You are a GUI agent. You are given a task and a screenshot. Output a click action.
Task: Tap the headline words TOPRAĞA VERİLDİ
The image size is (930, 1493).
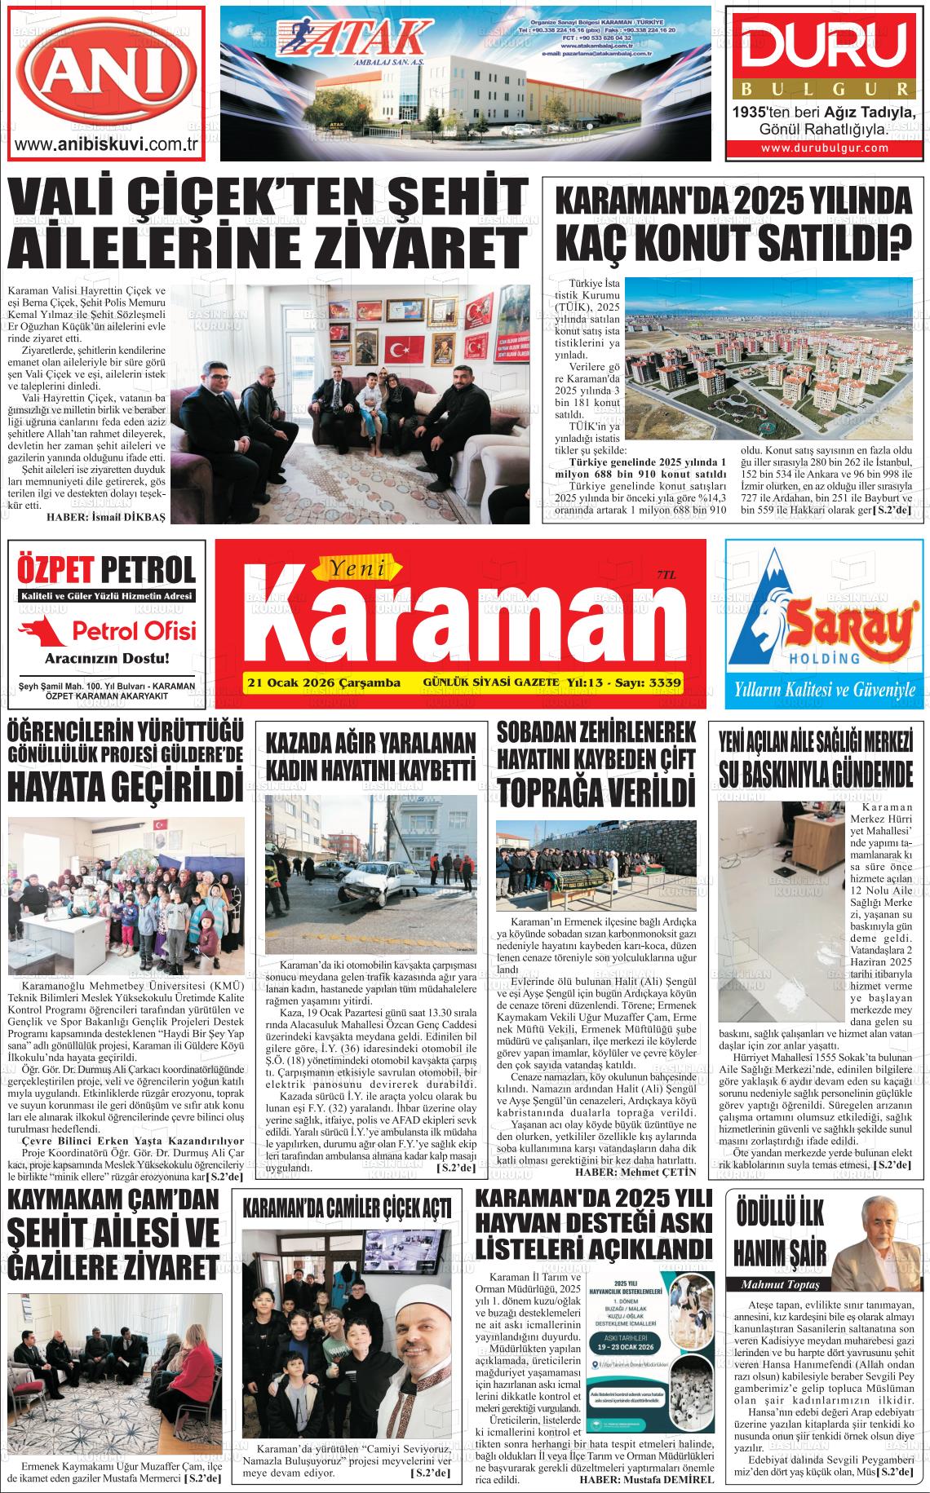[596, 790]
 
